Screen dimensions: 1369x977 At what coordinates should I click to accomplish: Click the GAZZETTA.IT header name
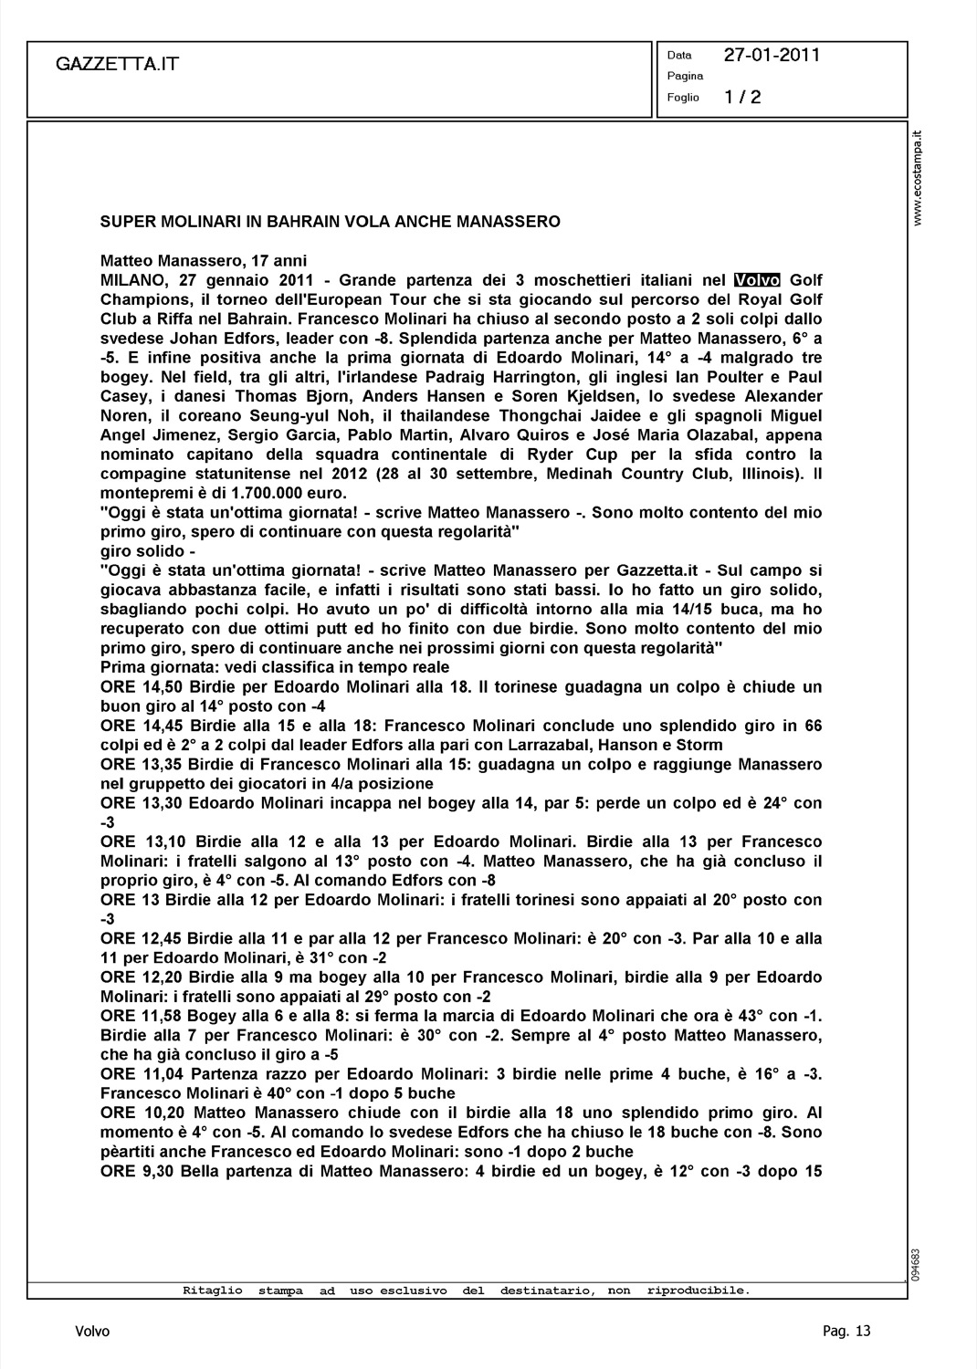click(x=117, y=64)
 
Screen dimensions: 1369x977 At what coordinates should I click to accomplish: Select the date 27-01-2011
click(x=772, y=55)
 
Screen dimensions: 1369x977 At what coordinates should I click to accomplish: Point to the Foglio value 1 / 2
click(x=742, y=98)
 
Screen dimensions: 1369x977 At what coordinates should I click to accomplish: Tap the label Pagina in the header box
click(x=685, y=76)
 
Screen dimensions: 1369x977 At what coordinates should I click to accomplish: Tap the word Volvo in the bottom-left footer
click(x=92, y=1332)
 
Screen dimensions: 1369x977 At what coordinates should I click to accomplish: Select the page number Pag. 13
click(x=846, y=1332)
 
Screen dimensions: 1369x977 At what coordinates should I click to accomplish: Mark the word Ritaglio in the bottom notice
click(x=213, y=1291)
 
